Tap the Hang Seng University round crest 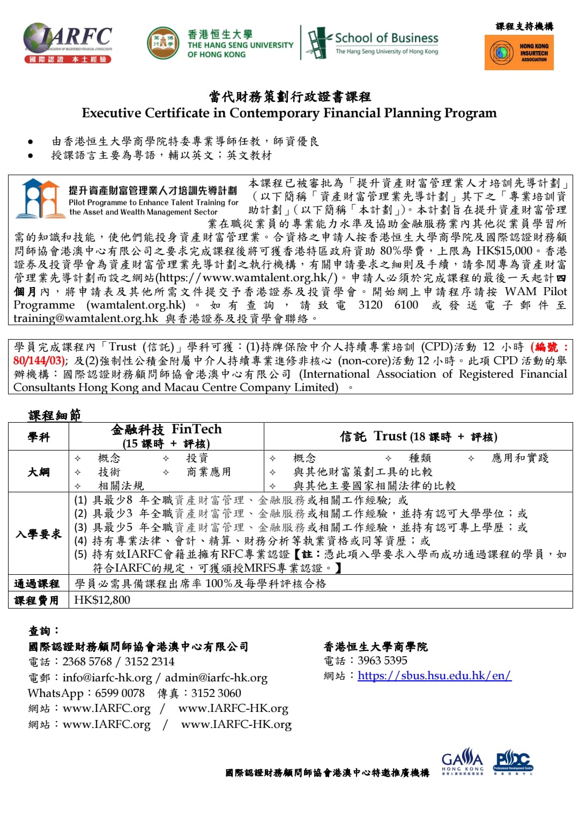pyautogui.click(x=163, y=43)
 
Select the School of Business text pyautogui.click(x=386, y=38)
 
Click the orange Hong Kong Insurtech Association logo pyautogui.click(x=519, y=52)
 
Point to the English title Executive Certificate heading pyautogui.click(x=289, y=113)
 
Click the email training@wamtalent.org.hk pyautogui.click(x=86, y=318)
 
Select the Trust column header pyautogui.click(x=418, y=437)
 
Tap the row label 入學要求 pyautogui.click(x=39, y=534)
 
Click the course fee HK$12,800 pyautogui.click(x=102, y=600)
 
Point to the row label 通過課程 pyautogui.click(x=37, y=584)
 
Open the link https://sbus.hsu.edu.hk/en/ pyautogui.click(x=434, y=676)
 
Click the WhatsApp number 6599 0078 pyautogui.click(x=120, y=693)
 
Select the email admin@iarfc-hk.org pyautogui.click(x=216, y=678)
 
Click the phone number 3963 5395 pyautogui.click(x=382, y=661)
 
